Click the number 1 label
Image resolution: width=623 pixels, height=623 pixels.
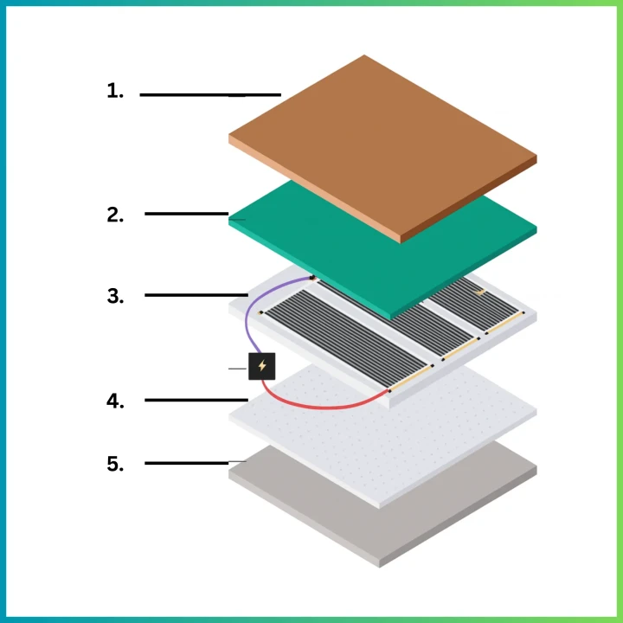pos(115,91)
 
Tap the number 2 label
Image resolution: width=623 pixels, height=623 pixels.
pos(115,215)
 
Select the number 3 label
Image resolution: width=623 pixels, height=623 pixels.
pos(115,296)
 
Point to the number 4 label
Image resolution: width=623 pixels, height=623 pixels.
pos(115,401)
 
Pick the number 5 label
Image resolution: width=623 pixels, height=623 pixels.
pos(115,464)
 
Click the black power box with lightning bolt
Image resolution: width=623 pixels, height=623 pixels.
pos(262,366)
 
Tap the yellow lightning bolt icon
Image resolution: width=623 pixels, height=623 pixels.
pos(262,365)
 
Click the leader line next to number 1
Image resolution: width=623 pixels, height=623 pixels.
pos(210,95)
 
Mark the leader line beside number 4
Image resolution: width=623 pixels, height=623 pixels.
pos(196,400)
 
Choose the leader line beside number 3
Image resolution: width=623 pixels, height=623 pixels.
pos(196,295)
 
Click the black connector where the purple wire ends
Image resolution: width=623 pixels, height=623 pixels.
pos(312,277)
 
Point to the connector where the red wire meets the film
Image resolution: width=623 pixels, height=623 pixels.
pos(389,391)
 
